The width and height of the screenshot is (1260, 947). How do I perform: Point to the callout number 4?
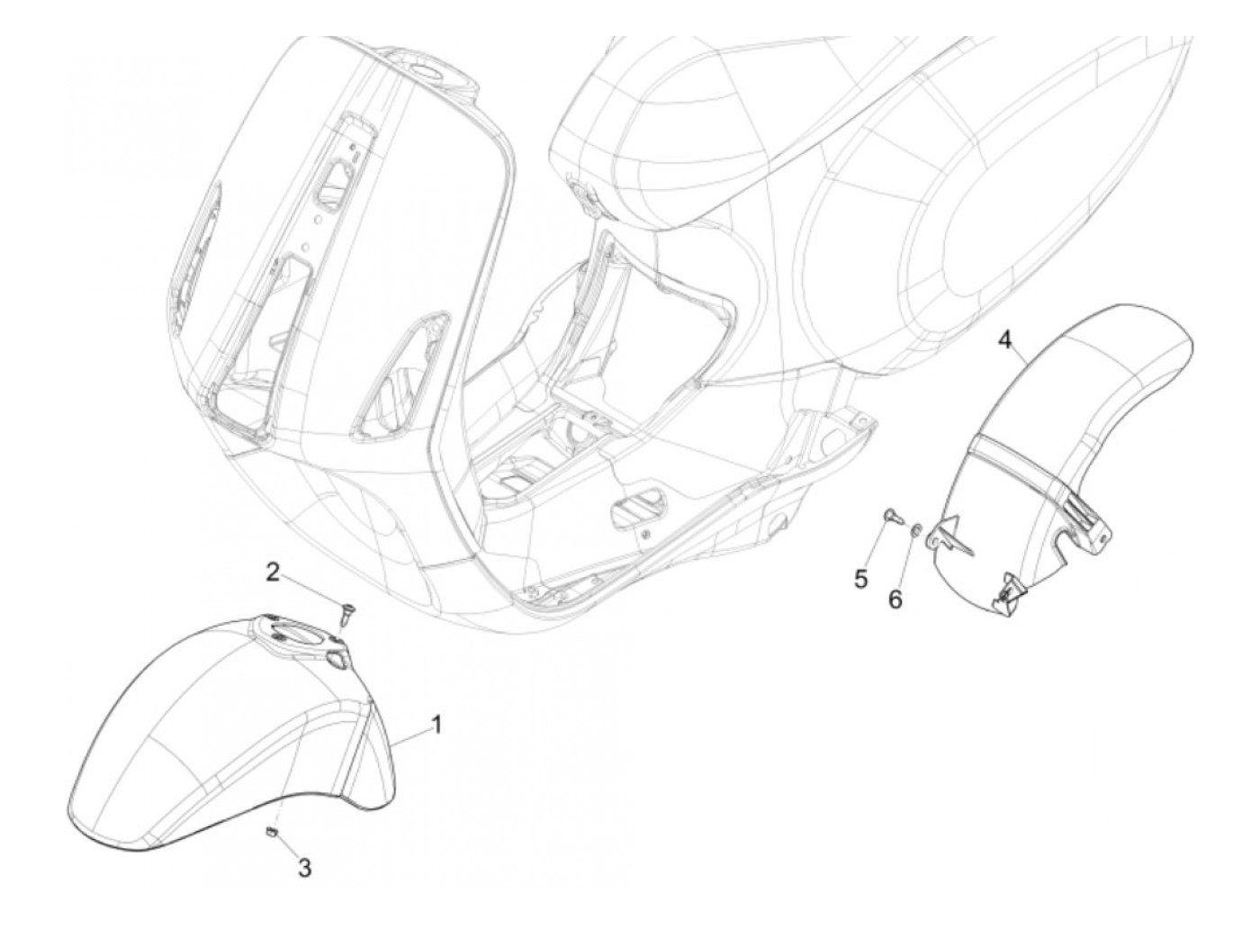pos(1006,339)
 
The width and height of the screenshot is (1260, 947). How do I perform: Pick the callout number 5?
pos(861,579)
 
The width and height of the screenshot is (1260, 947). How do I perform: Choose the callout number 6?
pos(895,599)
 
